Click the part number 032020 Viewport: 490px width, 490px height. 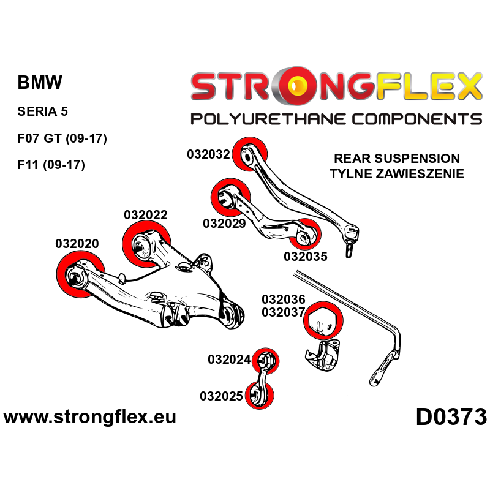pyautogui.click(x=77, y=243)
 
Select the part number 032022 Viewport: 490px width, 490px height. pyautogui.click(x=145, y=215)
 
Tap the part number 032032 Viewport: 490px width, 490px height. pyautogui.click(x=208, y=154)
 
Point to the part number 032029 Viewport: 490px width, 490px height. pyautogui.click(x=224, y=224)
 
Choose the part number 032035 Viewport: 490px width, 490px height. pyautogui.click(x=305, y=256)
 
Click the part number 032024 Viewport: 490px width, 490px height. pyautogui.click(x=230, y=360)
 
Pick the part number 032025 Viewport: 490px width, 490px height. pyautogui.click(x=222, y=396)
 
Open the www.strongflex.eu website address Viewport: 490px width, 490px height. pyautogui.click(x=90, y=418)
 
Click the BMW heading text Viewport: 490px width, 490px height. pyautogui.click(x=40, y=83)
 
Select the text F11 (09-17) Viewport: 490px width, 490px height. pyautogui.click(x=51, y=165)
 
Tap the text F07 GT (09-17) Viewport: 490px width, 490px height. pyautogui.click(x=62, y=138)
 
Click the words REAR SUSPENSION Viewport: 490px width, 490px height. pyautogui.click(x=396, y=158)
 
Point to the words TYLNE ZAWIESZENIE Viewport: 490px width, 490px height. pyautogui.click(x=396, y=174)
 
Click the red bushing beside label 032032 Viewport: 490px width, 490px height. pyautogui.click(x=252, y=153)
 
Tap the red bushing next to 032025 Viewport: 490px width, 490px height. pyautogui.click(x=260, y=395)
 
